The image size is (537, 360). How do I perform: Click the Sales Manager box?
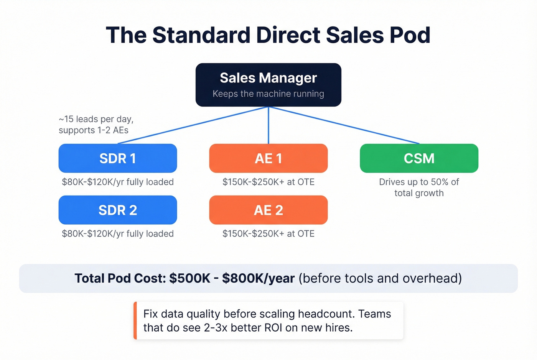(268, 85)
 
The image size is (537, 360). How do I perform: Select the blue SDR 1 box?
(118, 158)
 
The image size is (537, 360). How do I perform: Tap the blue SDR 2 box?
(118, 210)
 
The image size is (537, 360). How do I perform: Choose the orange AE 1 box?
(268, 158)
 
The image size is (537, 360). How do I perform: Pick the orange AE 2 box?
(268, 210)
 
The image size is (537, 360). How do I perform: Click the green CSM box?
(419, 158)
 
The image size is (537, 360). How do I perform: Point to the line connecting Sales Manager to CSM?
(345, 125)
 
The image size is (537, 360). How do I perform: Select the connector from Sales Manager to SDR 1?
(192, 125)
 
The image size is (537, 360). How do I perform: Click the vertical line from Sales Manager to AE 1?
(268, 125)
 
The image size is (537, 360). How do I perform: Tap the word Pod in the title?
(410, 35)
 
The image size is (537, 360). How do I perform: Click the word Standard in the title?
(201, 35)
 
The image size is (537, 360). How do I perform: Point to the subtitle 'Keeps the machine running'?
(268, 94)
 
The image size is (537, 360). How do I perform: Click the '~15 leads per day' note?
(96, 119)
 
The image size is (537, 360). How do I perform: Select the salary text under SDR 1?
(118, 182)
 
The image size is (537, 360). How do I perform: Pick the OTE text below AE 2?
(268, 234)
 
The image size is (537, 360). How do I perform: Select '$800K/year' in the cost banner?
(258, 278)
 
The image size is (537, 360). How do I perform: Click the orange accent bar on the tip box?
(135, 321)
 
